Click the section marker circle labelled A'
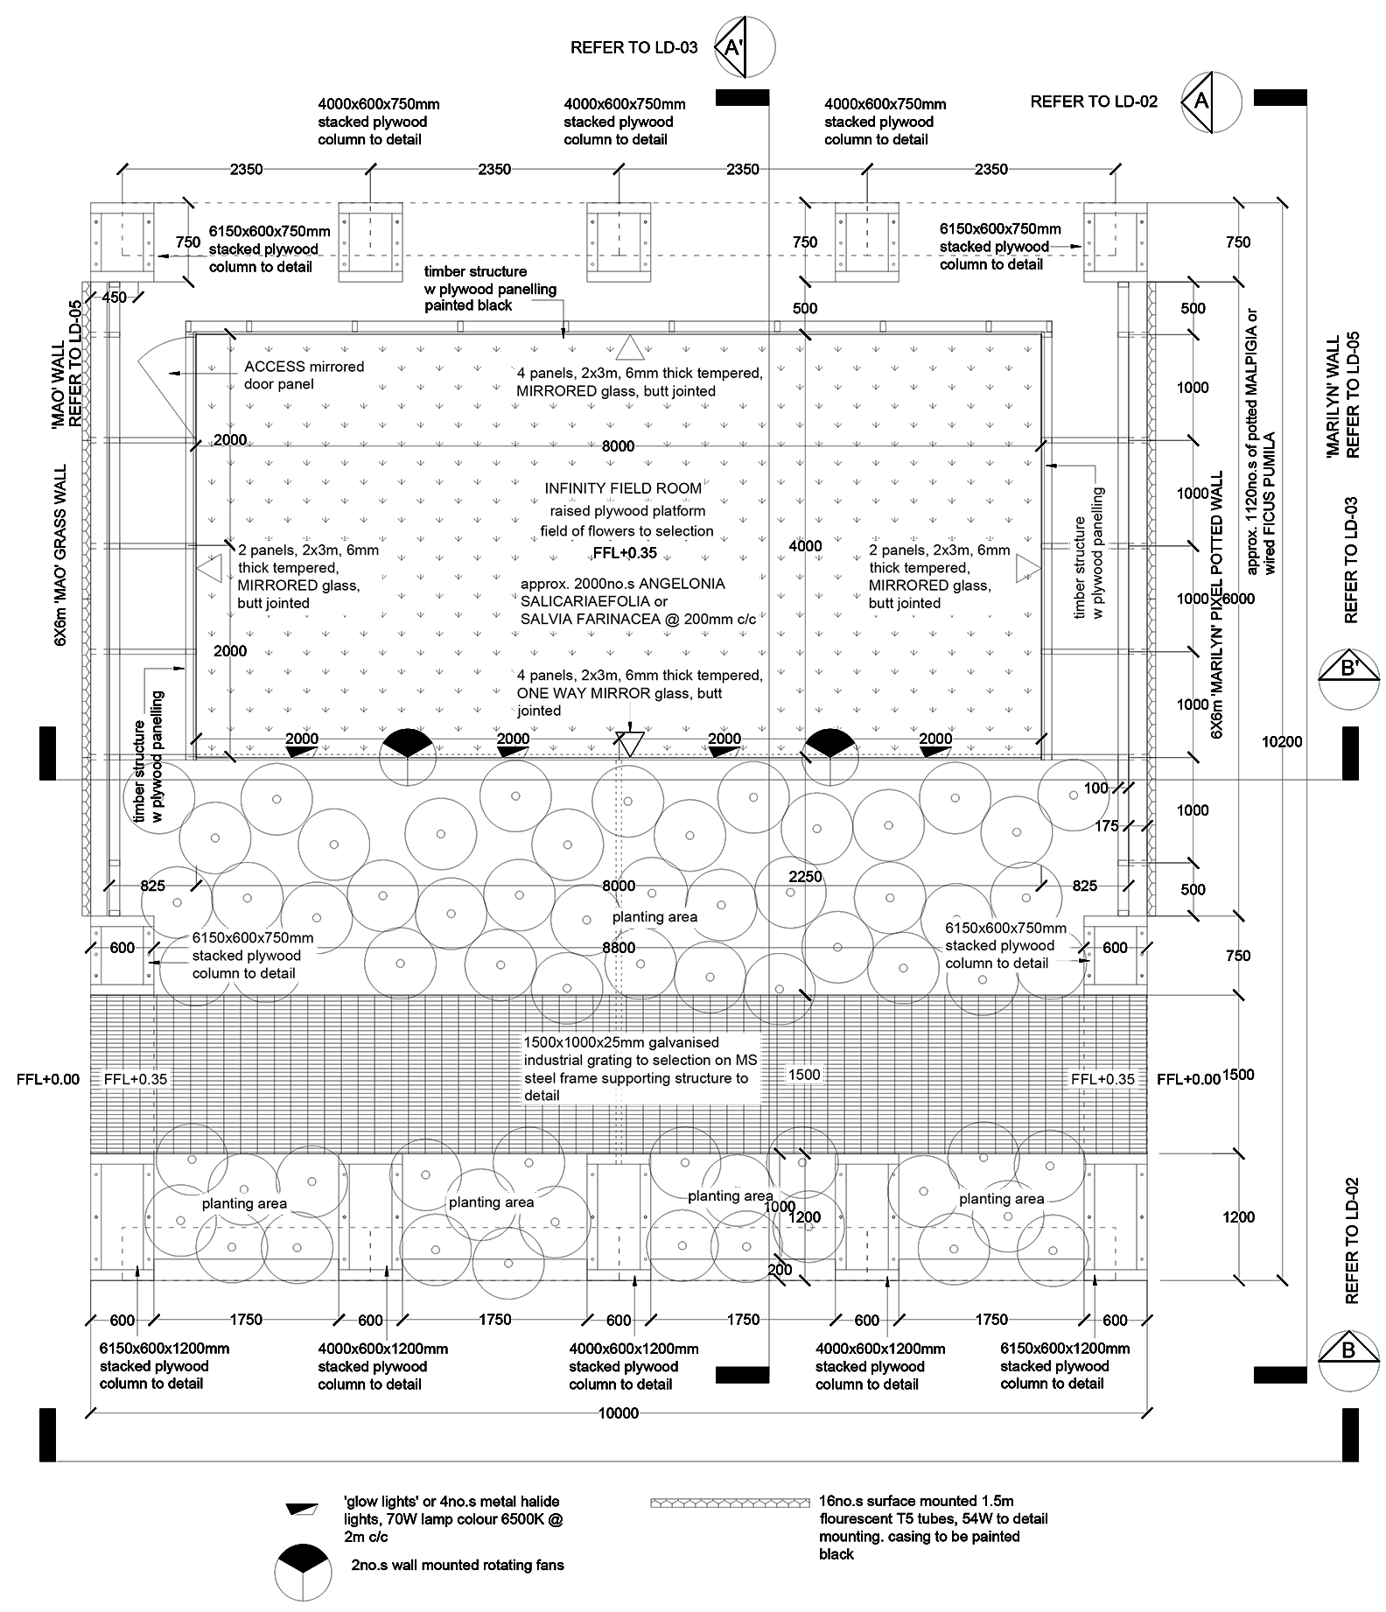(x=745, y=46)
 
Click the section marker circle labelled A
(x=1210, y=102)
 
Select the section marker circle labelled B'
(x=1348, y=679)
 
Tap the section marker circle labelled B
(x=1348, y=1361)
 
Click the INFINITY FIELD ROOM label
(x=623, y=488)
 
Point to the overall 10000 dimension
(x=619, y=1412)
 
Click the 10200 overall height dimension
(x=1282, y=742)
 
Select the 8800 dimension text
(x=619, y=948)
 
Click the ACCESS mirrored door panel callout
(x=304, y=375)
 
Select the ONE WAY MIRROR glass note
(x=640, y=693)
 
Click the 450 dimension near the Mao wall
(x=114, y=298)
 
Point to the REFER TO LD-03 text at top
(x=634, y=47)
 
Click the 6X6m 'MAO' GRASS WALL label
(x=61, y=556)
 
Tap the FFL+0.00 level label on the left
(x=48, y=1079)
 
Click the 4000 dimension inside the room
(x=805, y=546)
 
